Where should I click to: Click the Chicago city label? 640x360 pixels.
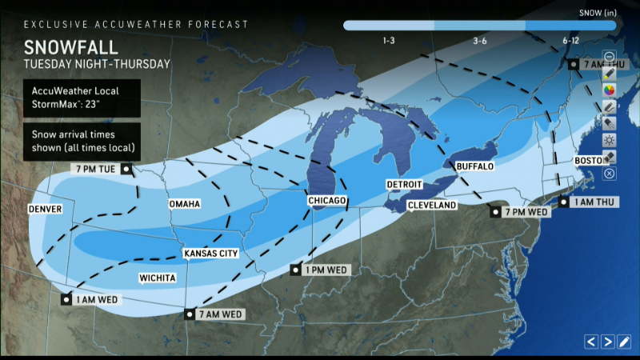328,200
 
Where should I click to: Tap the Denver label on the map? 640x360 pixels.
45,209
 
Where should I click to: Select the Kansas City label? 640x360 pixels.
211,254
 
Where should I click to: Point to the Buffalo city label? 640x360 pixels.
474,166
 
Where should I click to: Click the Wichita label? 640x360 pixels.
157,278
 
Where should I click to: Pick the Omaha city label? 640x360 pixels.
184,205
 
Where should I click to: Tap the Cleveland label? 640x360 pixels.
431,206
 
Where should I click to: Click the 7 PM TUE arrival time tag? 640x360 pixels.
97,170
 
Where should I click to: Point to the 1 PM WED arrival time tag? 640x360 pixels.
326,270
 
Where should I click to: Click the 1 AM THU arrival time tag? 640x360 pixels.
592,202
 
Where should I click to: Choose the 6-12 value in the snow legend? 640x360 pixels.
570,40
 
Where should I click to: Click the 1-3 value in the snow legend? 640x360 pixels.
390,40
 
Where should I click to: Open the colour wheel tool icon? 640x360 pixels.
610,89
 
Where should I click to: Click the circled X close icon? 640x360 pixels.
610,174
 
